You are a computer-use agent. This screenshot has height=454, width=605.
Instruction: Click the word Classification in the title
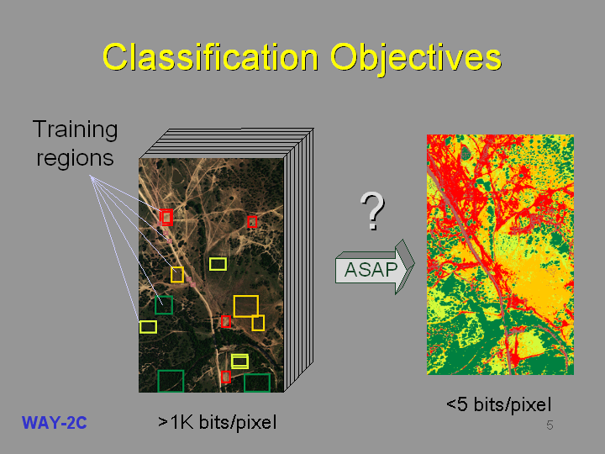(x=211, y=57)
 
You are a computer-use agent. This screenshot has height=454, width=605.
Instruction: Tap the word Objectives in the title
(x=416, y=59)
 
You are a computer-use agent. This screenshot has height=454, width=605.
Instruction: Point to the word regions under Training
(x=75, y=159)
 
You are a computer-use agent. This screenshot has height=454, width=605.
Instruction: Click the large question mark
(x=372, y=210)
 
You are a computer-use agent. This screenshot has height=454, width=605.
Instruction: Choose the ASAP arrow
(x=374, y=267)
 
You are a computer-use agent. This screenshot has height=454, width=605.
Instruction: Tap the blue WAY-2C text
(x=55, y=423)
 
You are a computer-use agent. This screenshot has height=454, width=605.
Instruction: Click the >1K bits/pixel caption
(x=218, y=422)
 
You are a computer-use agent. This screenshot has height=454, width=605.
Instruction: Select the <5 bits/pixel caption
(x=498, y=404)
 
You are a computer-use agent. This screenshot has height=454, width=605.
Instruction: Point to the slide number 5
(x=550, y=425)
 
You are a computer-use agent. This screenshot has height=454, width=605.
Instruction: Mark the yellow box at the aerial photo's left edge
(x=140, y=326)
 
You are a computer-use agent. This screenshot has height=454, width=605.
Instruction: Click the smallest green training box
(x=155, y=305)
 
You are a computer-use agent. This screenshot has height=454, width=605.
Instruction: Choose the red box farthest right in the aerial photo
(x=248, y=222)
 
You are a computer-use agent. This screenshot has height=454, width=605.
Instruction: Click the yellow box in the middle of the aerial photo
(x=210, y=264)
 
